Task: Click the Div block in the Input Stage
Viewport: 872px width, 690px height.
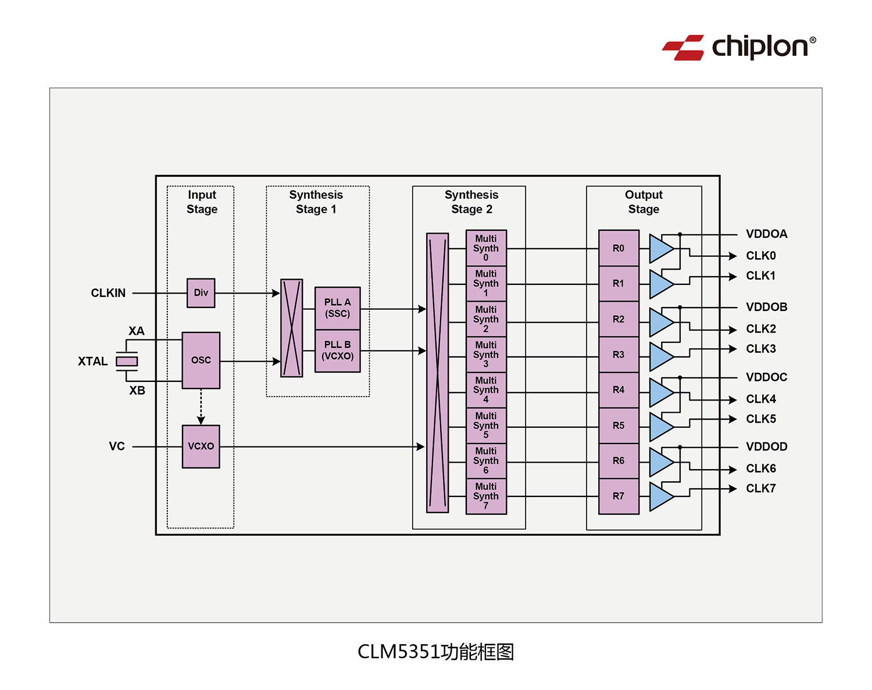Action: pos(201,293)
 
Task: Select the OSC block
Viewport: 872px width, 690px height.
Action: pos(201,360)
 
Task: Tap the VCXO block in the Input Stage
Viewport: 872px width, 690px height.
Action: pos(201,446)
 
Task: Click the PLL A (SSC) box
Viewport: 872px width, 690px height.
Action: pos(337,308)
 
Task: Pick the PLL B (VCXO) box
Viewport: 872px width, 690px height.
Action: pos(337,351)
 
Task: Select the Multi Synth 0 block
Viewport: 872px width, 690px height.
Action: pos(486,248)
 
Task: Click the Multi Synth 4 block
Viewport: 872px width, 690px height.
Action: pos(486,390)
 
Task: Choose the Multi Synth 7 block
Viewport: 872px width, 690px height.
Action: pos(486,496)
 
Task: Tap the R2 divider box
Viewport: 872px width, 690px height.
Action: pos(619,319)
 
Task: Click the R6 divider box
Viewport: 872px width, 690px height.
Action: pos(619,461)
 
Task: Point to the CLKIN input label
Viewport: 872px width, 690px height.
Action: pos(108,293)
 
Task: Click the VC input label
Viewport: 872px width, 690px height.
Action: pos(117,446)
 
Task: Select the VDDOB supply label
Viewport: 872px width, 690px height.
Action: pos(766,307)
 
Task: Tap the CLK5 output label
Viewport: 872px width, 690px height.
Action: pos(760,419)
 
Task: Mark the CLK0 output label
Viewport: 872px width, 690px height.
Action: pos(760,256)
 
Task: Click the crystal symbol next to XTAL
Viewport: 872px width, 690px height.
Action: pos(127,362)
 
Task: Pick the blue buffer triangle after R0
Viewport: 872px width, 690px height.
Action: pos(660,249)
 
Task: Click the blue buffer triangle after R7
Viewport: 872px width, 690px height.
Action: pos(660,497)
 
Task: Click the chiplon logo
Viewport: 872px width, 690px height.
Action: pos(739,47)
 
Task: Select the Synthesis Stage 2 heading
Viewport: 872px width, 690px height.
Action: pos(471,202)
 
